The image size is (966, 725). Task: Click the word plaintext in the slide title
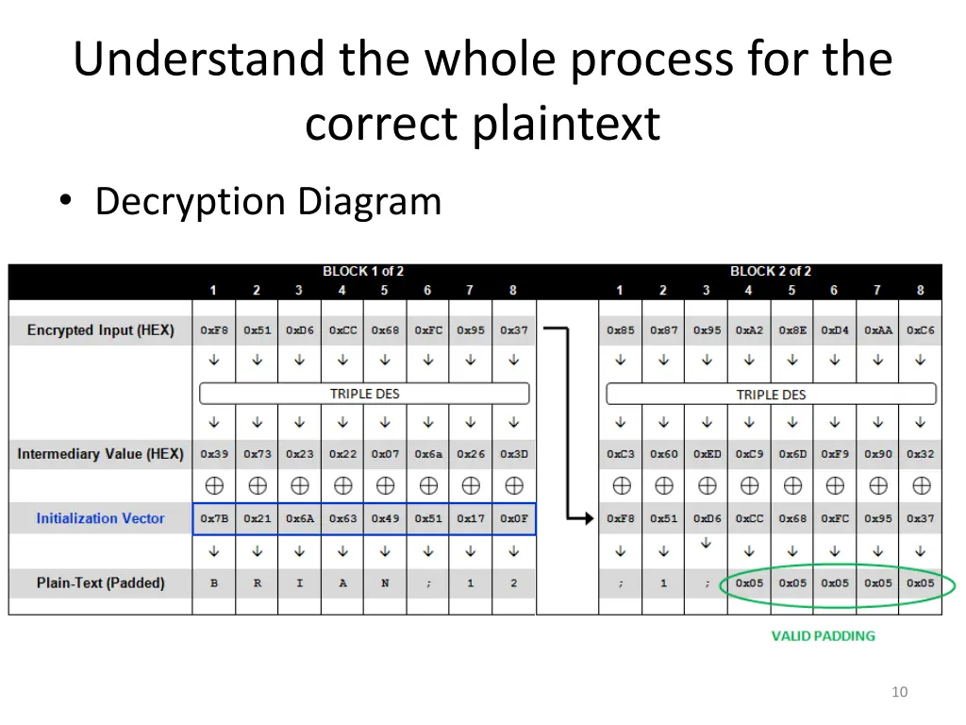(566, 124)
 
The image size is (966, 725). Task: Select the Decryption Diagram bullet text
(268, 201)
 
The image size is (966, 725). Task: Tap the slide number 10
(899, 692)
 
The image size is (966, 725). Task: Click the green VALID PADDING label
(823, 635)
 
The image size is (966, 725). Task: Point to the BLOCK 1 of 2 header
(363, 272)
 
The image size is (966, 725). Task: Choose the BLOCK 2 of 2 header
(771, 272)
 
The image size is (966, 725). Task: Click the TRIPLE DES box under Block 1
(364, 394)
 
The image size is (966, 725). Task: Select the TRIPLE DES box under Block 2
(771, 394)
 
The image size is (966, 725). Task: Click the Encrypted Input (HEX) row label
(100, 329)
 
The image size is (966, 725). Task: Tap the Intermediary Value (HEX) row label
(100, 454)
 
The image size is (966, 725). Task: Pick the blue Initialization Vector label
(100, 518)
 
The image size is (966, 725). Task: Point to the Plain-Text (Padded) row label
(100, 582)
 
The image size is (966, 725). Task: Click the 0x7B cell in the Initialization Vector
(214, 518)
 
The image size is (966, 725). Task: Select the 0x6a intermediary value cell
(428, 454)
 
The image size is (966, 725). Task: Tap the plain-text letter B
(214, 583)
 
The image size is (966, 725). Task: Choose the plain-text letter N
(385, 583)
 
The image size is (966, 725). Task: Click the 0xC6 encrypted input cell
(921, 330)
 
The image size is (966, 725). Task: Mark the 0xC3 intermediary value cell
(621, 454)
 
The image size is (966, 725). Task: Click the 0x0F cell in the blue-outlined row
(514, 518)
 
